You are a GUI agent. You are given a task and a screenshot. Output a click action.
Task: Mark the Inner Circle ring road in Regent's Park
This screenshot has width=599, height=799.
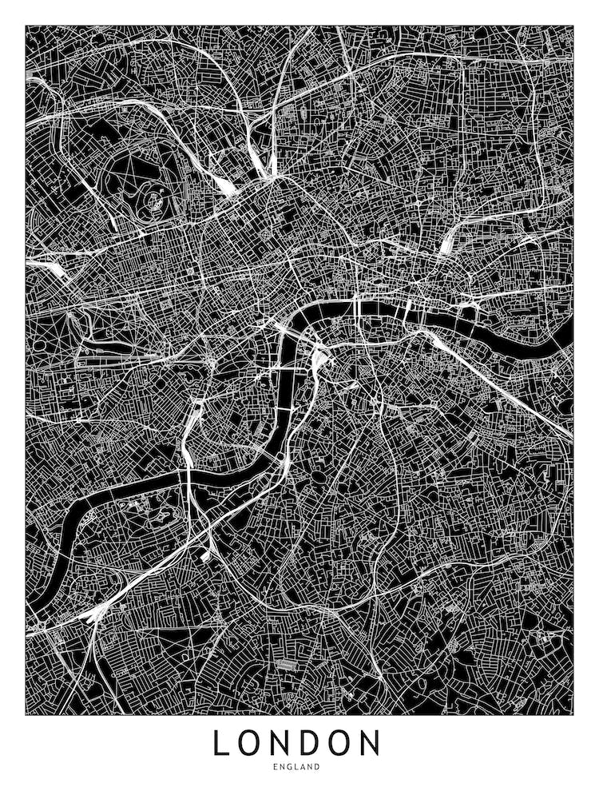click(x=151, y=195)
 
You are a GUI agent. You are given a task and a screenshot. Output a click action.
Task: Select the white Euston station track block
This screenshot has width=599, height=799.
click(x=225, y=185)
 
